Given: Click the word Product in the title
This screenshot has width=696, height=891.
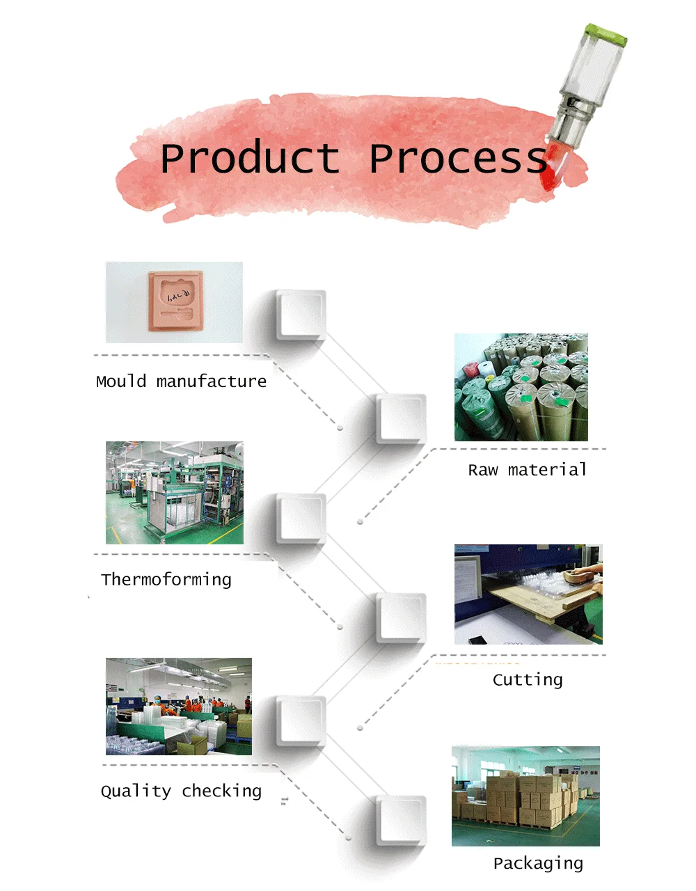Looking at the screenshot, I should (x=249, y=159).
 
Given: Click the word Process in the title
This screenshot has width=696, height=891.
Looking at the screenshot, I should (x=458, y=159).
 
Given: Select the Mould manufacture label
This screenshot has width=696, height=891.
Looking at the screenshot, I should (x=181, y=381).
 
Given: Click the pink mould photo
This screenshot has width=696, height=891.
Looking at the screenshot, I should (x=174, y=302).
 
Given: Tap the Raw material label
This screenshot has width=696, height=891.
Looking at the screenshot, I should (x=527, y=470).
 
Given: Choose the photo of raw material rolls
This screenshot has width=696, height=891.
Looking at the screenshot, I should (x=521, y=387).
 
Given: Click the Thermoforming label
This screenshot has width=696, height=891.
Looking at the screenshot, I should (x=166, y=580).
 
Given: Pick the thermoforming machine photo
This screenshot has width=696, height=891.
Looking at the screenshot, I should (x=174, y=492).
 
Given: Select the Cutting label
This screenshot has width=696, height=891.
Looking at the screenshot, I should (x=527, y=680).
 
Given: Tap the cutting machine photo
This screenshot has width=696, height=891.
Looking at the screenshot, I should (x=528, y=594).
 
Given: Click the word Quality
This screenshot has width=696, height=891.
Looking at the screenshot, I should (x=136, y=791).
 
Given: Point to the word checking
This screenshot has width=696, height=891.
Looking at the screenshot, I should (x=221, y=791).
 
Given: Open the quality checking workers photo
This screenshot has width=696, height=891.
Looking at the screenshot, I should (x=178, y=707).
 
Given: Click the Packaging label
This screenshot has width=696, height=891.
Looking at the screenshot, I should (x=538, y=864).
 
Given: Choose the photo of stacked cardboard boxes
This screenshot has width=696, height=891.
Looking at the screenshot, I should (x=525, y=796).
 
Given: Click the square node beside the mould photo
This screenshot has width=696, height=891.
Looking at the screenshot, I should (x=301, y=315).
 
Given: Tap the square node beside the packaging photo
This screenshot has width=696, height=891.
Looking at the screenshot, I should (x=401, y=821).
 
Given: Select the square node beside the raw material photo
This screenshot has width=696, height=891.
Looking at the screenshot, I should (x=401, y=419).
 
